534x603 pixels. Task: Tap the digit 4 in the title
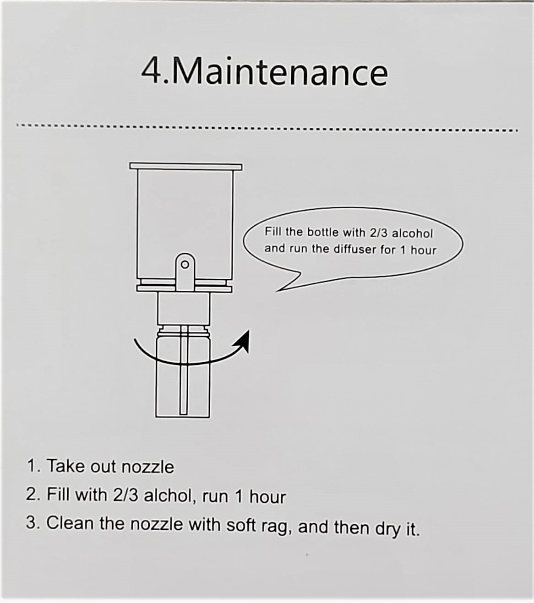(151, 71)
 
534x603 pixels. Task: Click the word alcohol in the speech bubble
(412, 234)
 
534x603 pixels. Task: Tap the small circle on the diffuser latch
(185, 265)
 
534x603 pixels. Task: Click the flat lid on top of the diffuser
(186, 166)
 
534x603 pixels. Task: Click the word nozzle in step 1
(148, 467)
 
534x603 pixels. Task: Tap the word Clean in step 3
(70, 523)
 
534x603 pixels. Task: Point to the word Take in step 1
(66, 466)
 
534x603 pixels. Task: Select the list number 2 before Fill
(31, 494)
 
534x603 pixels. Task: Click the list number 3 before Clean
(31, 522)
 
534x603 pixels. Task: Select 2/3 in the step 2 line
(126, 495)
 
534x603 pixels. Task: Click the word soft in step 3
(241, 525)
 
